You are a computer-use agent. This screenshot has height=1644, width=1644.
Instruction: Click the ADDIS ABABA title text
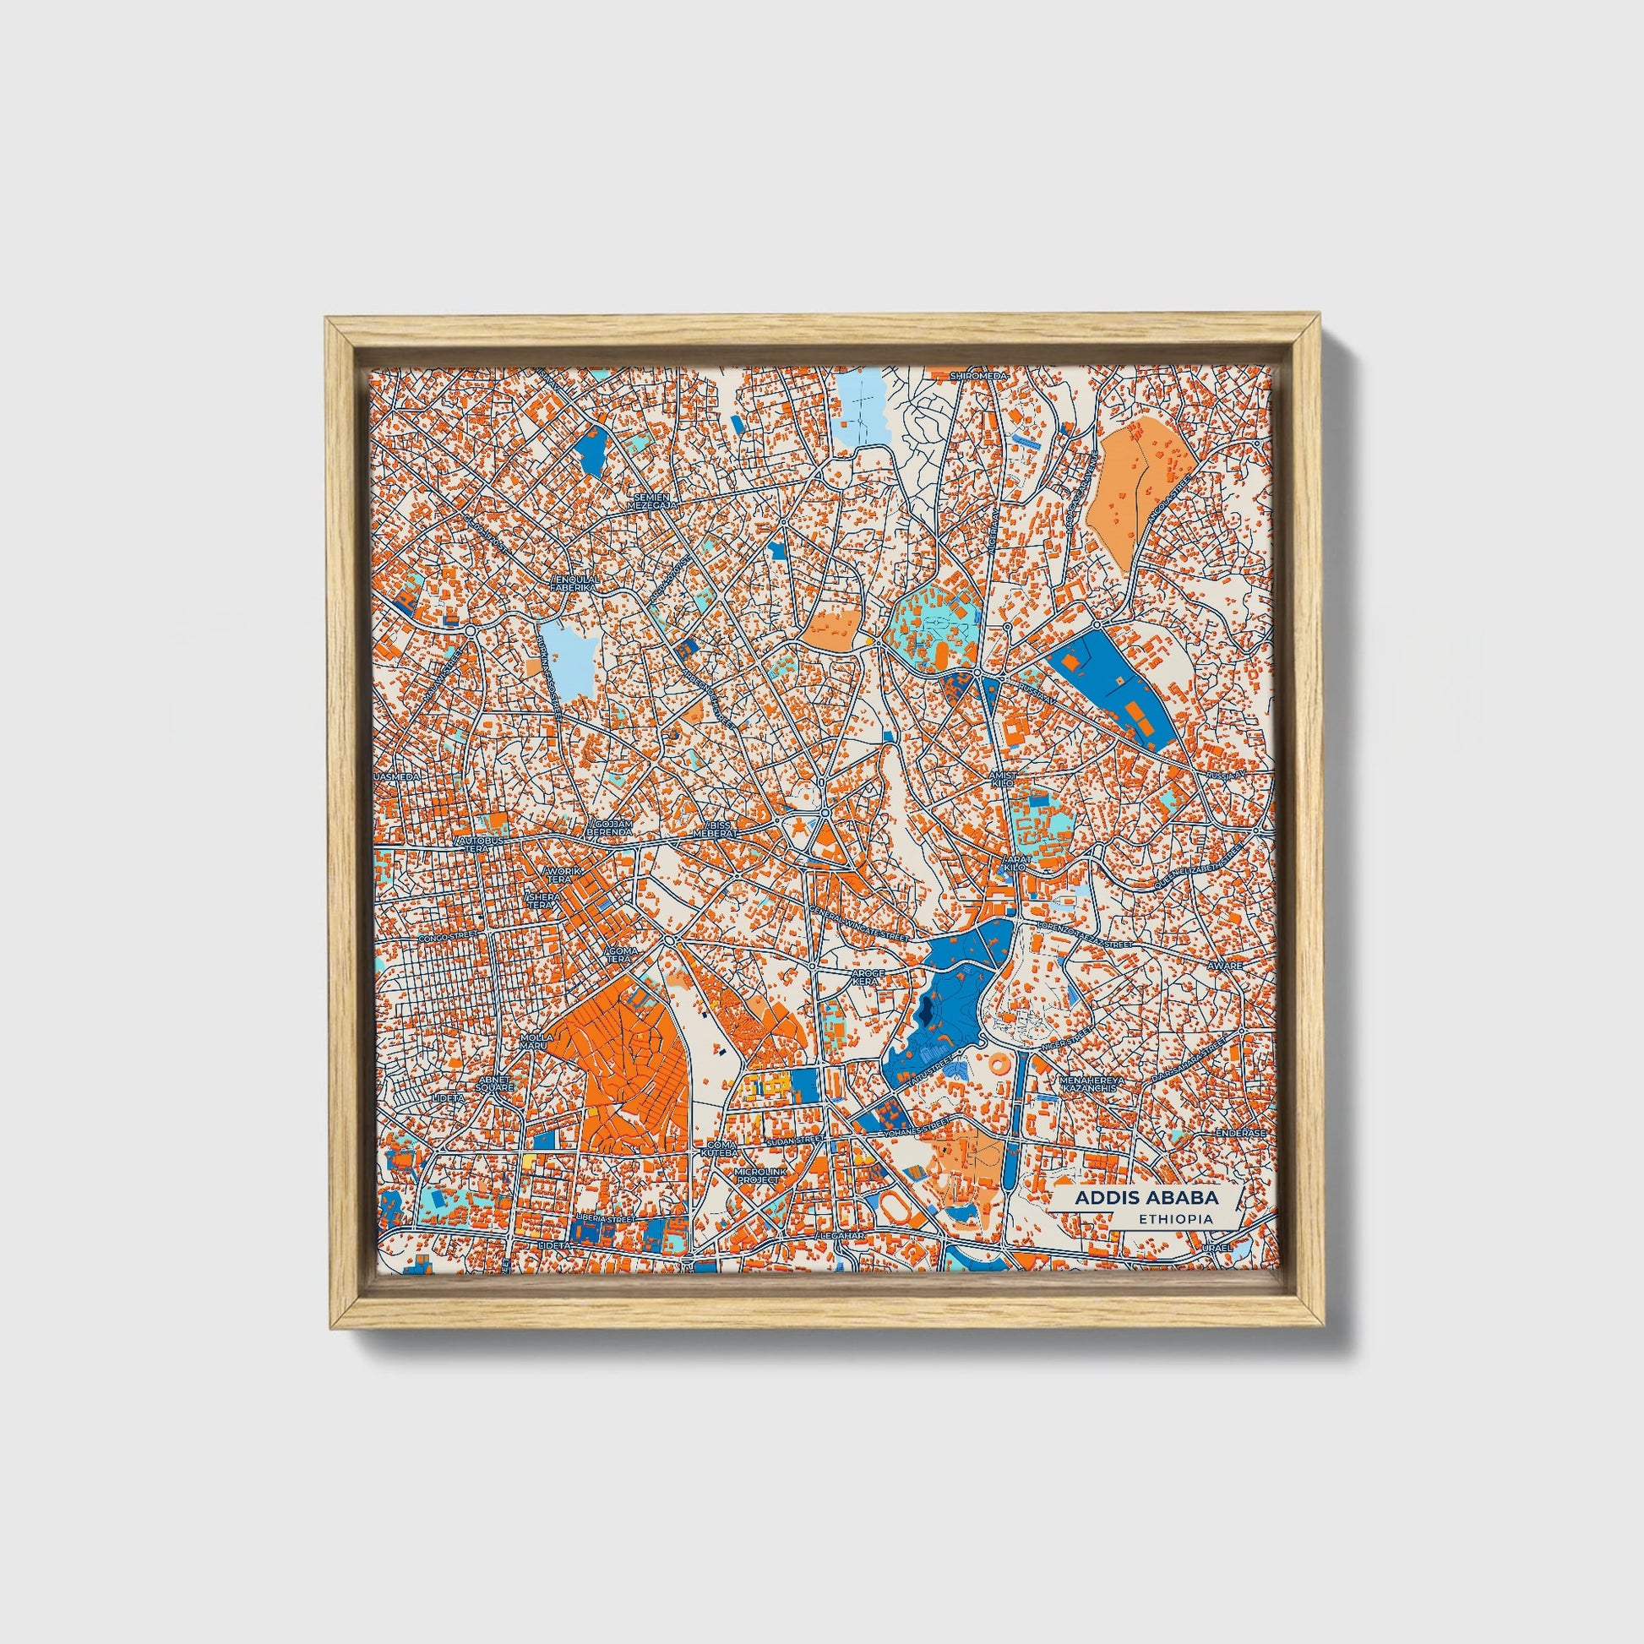point(1146,1196)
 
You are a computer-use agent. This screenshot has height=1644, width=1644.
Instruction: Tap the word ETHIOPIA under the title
point(1176,1219)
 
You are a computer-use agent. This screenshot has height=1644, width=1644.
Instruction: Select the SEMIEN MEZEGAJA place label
point(651,501)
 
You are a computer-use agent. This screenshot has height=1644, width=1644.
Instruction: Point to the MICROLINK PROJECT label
point(758,1176)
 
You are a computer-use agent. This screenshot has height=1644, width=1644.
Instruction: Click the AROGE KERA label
point(870,975)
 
